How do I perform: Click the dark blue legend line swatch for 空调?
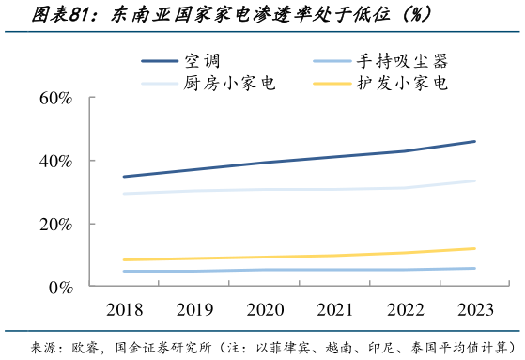click(x=159, y=62)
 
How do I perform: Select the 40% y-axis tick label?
click(x=55, y=161)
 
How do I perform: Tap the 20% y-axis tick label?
click(x=55, y=224)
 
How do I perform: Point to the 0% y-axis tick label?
click(x=60, y=286)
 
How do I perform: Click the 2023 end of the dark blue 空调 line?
click(x=474, y=141)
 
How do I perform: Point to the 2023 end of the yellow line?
click(x=474, y=248)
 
